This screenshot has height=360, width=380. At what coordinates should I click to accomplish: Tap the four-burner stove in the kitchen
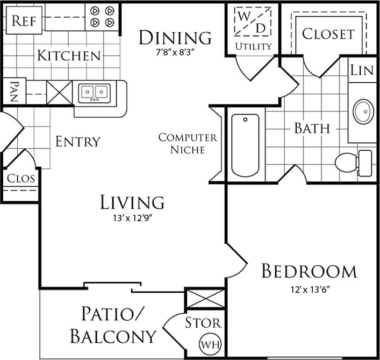click(102, 17)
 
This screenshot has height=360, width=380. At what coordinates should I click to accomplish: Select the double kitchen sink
click(94, 93)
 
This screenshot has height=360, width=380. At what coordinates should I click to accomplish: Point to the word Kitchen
click(69, 55)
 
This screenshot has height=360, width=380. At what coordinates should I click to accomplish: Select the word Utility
click(253, 46)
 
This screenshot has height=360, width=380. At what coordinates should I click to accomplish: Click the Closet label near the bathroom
click(328, 34)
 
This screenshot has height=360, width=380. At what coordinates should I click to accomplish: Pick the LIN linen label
click(362, 70)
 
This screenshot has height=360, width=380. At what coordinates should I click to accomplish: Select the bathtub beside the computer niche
click(245, 145)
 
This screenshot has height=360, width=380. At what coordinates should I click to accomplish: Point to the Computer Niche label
click(188, 144)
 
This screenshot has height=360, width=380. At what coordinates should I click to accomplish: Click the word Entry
click(78, 142)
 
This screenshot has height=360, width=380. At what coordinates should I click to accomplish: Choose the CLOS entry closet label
click(20, 178)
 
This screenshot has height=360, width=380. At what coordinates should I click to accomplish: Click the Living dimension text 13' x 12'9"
click(132, 218)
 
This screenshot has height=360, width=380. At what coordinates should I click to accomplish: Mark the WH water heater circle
click(209, 342)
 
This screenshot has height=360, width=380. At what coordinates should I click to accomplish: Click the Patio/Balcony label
click(113, 325)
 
